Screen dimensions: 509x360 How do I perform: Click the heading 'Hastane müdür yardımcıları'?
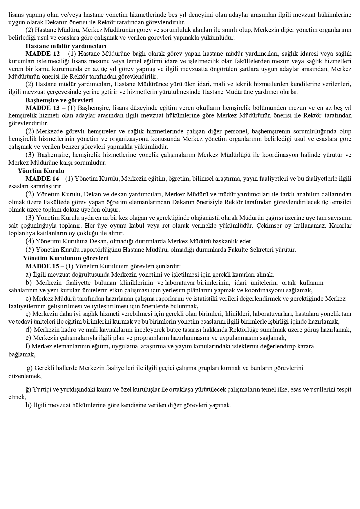coord(66,46)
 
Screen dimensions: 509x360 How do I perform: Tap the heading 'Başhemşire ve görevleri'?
coord(59,100)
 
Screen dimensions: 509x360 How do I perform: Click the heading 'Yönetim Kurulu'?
coord(41,171)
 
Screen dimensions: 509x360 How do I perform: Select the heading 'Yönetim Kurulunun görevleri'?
coord(65,258)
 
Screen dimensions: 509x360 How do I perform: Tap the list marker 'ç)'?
coord(28,314)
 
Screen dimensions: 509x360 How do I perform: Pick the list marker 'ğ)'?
coord(28,390)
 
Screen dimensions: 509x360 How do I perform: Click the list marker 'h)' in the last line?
coord(28,405)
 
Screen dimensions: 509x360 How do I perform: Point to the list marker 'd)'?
coord(28,329)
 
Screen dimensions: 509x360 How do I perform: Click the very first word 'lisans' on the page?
coord(15,15)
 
